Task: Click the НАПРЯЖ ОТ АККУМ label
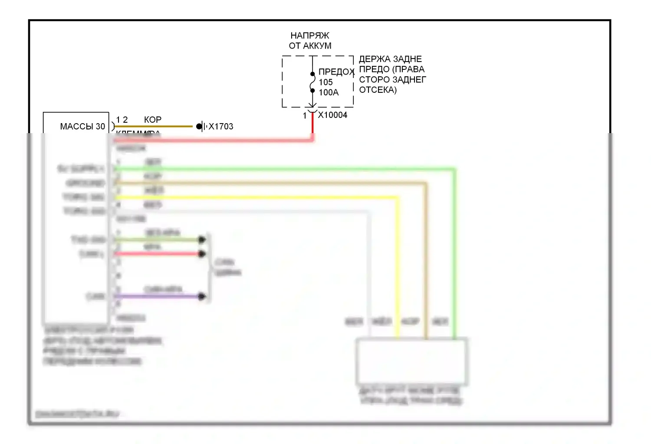310,41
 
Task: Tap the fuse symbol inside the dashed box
312,82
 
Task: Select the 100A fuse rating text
329,92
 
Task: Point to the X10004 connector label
332,115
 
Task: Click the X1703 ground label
221,126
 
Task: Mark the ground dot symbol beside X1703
199,126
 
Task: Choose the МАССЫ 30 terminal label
82,126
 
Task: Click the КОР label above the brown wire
153,119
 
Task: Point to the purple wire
156,297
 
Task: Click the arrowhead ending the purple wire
202,297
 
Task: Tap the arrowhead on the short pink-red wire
202,254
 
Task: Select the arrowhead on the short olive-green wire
202,239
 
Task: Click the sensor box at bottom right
411,361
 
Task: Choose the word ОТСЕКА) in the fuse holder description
378,90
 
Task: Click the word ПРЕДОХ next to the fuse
336,72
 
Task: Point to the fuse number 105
325,82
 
